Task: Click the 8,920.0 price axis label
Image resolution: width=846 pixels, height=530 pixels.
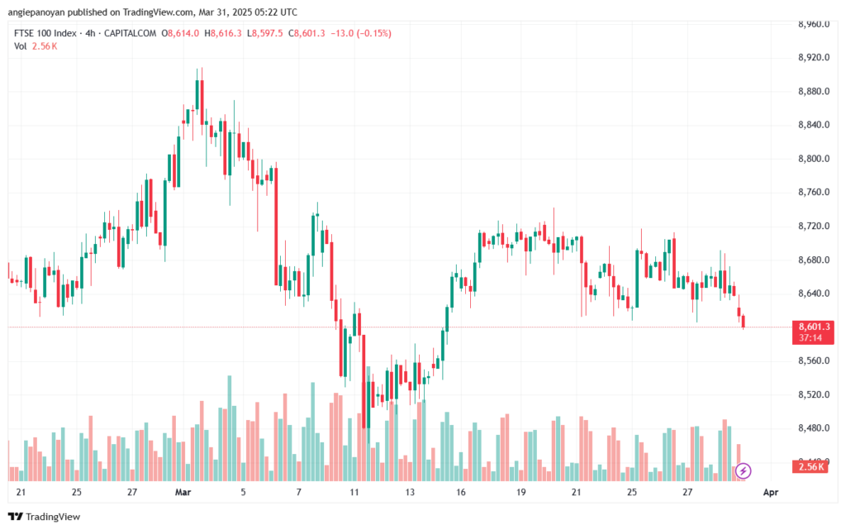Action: click(x=814, y=58)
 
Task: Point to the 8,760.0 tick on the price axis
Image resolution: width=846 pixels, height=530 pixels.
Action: click(x=814, y=193)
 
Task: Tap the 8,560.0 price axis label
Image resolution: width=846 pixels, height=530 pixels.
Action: click(x=814, y=361)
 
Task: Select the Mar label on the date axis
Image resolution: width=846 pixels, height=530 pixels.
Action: click(x=183, y=492)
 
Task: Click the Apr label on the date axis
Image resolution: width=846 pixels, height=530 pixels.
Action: click(x=771, y=492)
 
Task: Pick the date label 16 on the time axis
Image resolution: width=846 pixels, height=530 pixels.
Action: click(x=461, y=492)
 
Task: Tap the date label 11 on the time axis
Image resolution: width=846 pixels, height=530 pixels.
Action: click(x=354, y=492)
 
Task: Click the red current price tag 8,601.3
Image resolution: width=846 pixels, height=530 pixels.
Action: click(x=813, y=327)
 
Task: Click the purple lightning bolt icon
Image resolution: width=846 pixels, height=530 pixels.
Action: click(x=743, y=471)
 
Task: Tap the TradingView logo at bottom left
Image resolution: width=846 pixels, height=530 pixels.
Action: click(x=45, y=517)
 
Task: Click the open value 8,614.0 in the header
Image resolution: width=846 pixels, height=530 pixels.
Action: click(x=183, y=33)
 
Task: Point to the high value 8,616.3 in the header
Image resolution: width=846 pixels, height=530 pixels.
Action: click(x=226, y=33)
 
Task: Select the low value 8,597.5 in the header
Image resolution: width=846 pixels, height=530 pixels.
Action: click(x=268, y=33)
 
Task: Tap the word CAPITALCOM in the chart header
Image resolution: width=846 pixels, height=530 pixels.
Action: click(x=130, y=33)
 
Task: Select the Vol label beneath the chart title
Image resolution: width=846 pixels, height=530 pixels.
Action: click(x=20, y=46)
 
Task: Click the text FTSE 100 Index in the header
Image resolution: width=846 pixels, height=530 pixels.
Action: click(x=45, y=33)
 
